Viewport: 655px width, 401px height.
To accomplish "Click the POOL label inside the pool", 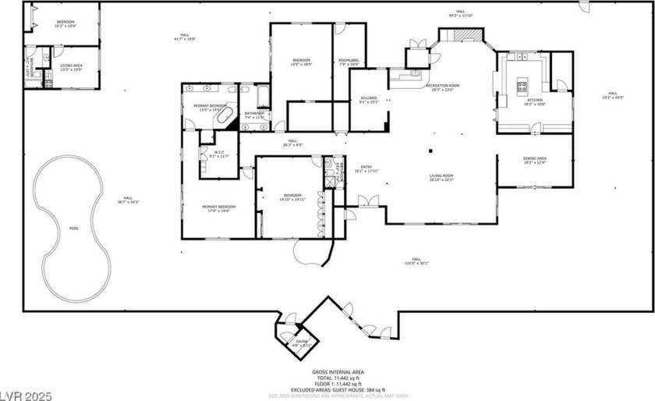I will [74, 229].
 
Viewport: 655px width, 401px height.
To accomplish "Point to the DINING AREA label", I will [534, 159].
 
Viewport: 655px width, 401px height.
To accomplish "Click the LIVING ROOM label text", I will [441, 176].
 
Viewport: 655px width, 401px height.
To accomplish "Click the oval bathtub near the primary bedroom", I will [225, 118].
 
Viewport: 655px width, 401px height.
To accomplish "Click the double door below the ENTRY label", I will [366, 200].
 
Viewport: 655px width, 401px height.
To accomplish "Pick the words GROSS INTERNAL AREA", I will [338, 372].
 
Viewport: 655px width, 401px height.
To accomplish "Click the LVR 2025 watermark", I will [27, 394].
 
